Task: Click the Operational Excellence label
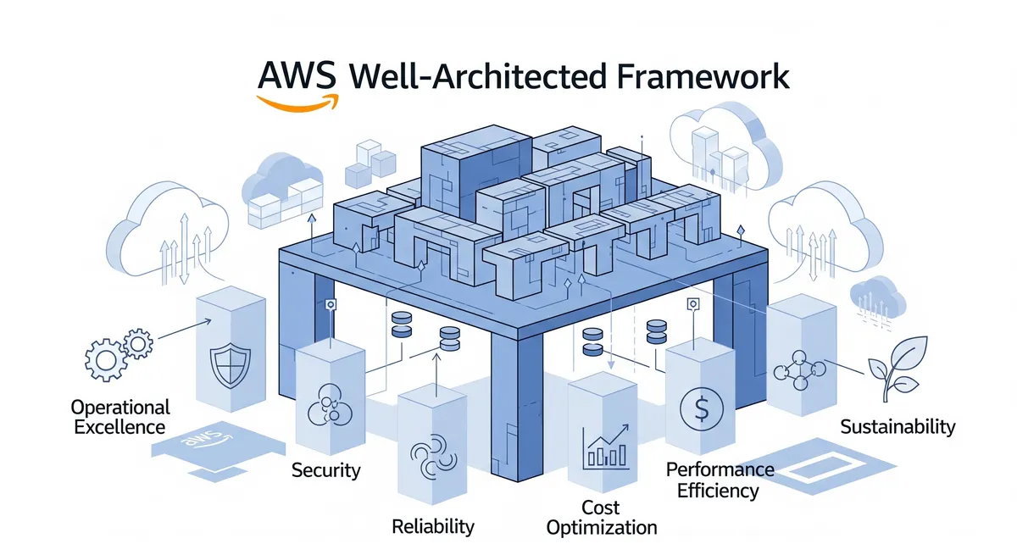pyautogui.click(x=121, y=416)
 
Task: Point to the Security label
pyautogui.click(x=325, y=469)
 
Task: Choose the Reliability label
pyautogui.click(x=432, y=526)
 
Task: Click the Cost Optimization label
pyautogui.click(x=601, y=518)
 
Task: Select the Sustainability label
pyautogui.click(x=898, y=426)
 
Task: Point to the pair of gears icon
pyautogui.click(x=119, y=354)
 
